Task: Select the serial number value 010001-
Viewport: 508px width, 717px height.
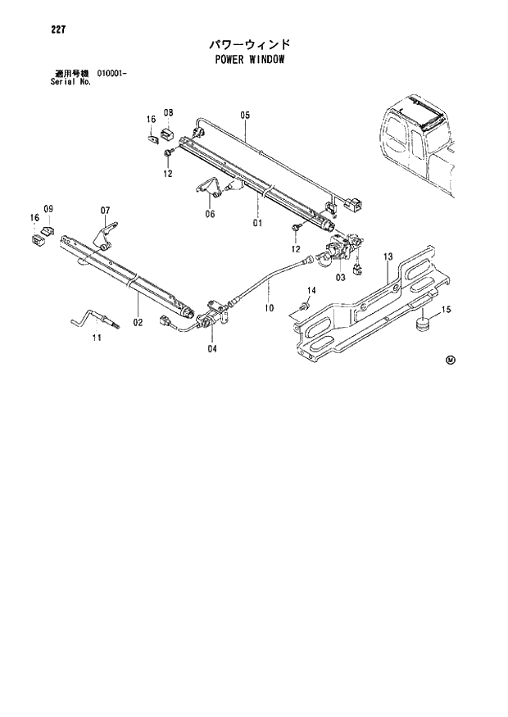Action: [x=113, y=75]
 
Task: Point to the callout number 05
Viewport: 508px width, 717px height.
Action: [x=244, y=115]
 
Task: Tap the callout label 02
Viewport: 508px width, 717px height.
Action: [x=138, y=322]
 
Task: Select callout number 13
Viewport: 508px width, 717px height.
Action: [x=388, y=256]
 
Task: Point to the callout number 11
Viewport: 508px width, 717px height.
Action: [x=97, y=338]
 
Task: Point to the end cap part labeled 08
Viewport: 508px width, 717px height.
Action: [x=168, y=133]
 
